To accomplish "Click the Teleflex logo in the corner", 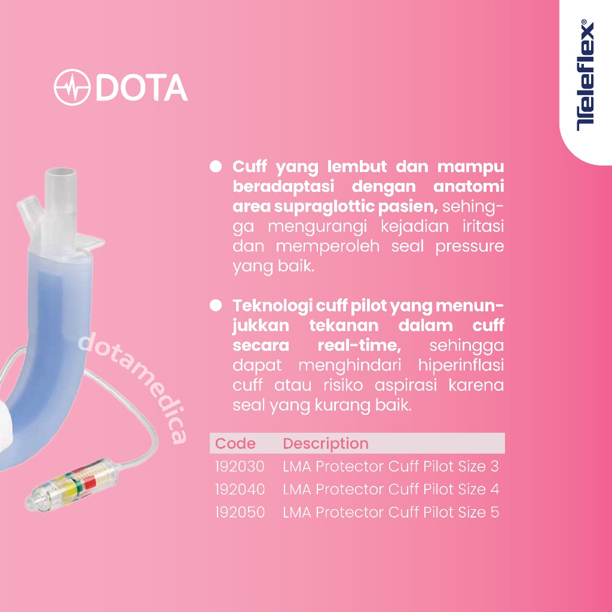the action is pyautogui.click(x=586, y=75).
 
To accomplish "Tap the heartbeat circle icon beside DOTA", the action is pyautogui.click(x=72, y=87).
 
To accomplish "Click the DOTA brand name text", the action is pyautogui.click(x=142, y=87).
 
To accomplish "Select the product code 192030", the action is pyautogui.click(x=240, y=466).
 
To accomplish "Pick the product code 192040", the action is pyautogui.click(x=240, y=489).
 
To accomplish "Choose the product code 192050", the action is pyautogui.click(x=240, y=512).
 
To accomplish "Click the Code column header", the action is pyautogui.click(x=235, y=443).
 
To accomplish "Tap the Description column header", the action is pyautogui.click(x=326, y=444).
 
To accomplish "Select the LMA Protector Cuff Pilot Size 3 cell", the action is pyautogui.click(x=391, y=466).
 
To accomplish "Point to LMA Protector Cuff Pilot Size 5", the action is pyautogui.click(x=391, y=512).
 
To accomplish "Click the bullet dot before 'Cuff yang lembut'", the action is pyautogui.click(x=215, y=166).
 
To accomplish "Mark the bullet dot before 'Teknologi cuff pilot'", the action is pyautogui.click(x=215, y=305).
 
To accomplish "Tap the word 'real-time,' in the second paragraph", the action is pyautogui.click(x=359, y=345).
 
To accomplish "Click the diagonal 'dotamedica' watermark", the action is pyautogui.click(x=133, y=387).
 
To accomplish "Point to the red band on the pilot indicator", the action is pyautogui.click(x=90, y=485).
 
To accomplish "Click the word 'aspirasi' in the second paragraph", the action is pyautogui.click(x=406, y=386).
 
